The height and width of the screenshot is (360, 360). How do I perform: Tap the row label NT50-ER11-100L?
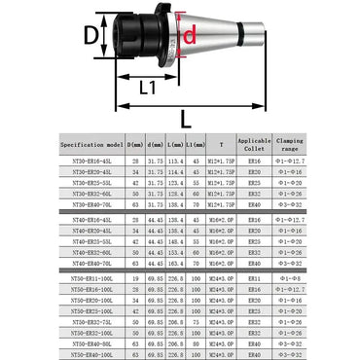click(87, 278)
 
